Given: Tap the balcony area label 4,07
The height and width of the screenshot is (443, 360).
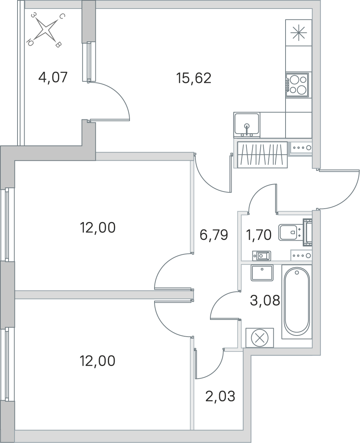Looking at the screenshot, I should click(53, 78).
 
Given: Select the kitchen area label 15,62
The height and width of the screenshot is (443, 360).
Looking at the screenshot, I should click(194, 78).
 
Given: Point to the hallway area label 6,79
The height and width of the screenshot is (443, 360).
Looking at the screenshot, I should click(213, 235).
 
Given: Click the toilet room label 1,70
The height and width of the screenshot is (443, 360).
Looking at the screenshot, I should click(259, 235).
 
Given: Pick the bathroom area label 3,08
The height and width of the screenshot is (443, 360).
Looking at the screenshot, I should click(265, 300).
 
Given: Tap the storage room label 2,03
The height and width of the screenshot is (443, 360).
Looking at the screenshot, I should click(220, 397).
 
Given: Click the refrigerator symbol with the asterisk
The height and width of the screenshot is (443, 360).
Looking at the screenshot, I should click(299, 33).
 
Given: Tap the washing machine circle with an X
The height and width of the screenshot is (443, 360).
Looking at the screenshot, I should click(259, 338).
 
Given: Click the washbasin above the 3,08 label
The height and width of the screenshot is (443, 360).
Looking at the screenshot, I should click(262, 273).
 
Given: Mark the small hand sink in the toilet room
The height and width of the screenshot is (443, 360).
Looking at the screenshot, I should click(262, 256).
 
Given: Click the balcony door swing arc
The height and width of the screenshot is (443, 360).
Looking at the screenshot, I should click(112, 100).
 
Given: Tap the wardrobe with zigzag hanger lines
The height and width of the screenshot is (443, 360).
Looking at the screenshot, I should click(262, 154).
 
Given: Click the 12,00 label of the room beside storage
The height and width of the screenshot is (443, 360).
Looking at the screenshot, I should click(98, 361).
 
